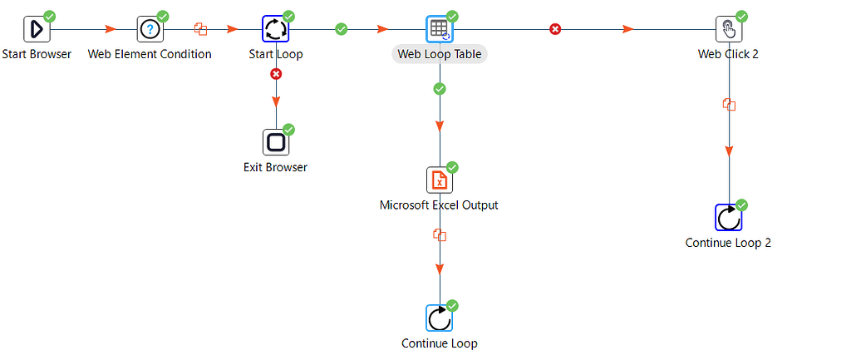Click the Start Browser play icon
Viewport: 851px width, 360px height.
37,29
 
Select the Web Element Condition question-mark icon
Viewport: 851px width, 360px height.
150,29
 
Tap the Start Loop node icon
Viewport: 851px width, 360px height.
275,29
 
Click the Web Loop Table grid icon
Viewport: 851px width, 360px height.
440,29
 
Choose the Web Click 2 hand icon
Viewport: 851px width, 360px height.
729,29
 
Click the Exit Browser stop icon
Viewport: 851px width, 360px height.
275,142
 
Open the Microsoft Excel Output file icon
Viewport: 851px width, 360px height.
440,180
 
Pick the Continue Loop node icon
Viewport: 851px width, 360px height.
440,318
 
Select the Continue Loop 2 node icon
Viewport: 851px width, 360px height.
729,218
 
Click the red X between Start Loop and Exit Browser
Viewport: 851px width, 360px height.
276,74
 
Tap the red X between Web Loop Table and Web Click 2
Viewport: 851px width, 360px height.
555,29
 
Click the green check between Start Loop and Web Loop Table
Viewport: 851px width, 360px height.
341,29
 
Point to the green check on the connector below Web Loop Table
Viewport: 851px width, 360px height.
440,88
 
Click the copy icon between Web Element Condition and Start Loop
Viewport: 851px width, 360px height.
200,29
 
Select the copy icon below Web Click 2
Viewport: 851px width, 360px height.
729,105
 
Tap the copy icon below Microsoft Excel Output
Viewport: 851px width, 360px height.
440,235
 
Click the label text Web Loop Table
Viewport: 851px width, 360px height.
440,54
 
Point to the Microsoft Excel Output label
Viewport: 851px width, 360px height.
439,205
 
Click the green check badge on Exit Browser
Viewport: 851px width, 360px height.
288,130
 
